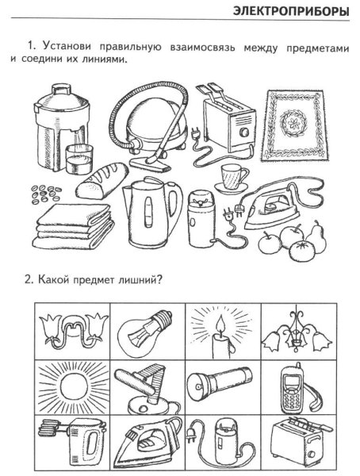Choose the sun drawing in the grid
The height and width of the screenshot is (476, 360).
[70, 386]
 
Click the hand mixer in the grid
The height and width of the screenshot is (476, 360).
[67, 438]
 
